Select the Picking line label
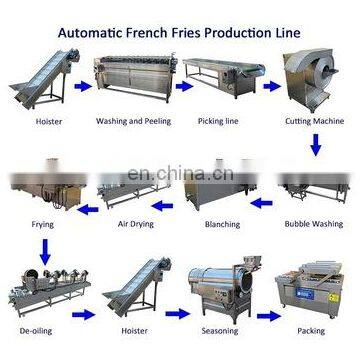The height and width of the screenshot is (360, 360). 218,123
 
